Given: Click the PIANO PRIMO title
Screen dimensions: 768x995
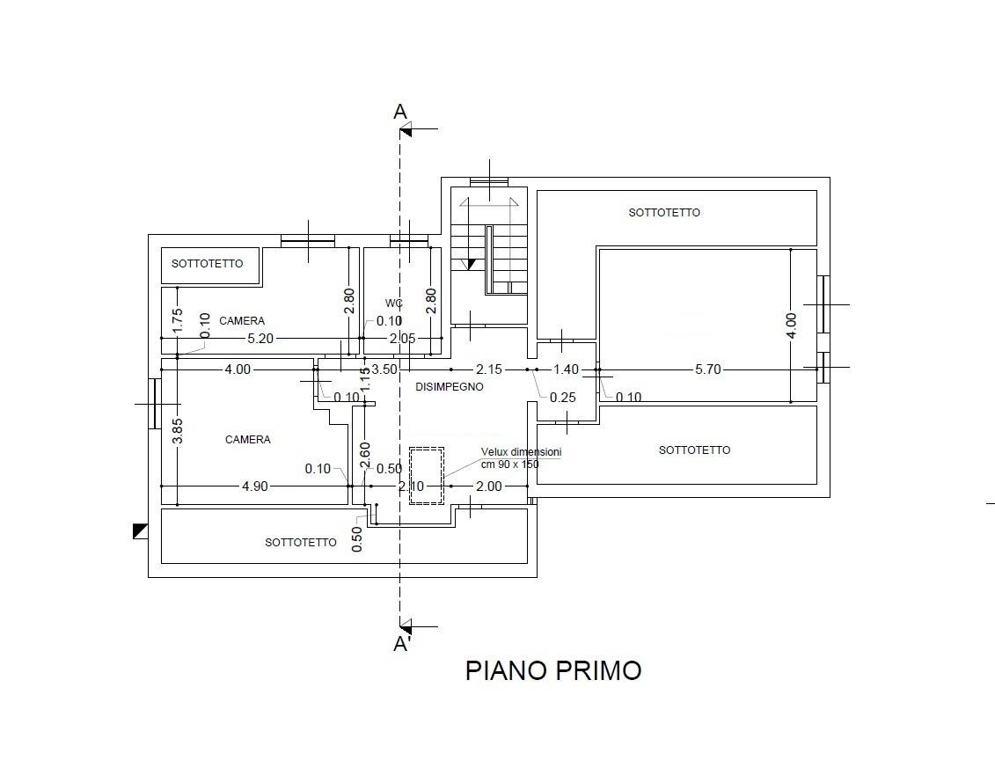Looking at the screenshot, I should pos(552,670).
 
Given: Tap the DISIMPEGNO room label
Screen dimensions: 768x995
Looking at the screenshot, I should pos(449,386).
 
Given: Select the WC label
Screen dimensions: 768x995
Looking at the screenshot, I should pos(393,303).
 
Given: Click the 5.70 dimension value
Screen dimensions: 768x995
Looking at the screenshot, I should pos(707,369).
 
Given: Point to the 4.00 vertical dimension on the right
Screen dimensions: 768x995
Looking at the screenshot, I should pos(791,325).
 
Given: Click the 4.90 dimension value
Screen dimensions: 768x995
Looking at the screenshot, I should pos(254,486).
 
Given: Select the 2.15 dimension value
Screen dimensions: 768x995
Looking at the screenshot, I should pos(489,369).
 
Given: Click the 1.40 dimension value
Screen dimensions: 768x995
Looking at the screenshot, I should pos(567,369).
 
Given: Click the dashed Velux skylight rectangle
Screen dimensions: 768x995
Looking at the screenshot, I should pos(427,475).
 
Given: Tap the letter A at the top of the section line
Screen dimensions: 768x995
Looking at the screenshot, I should pos(400,112).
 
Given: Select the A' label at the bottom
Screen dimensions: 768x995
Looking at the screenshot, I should pos(402,644).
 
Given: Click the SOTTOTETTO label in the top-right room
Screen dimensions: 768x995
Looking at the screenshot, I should pos(664,212).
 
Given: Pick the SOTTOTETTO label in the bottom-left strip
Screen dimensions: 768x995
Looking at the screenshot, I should pos(300,542).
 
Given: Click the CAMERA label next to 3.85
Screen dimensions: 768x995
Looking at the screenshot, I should pos(247,439).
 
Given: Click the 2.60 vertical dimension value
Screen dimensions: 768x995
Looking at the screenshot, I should pos(366,455).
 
